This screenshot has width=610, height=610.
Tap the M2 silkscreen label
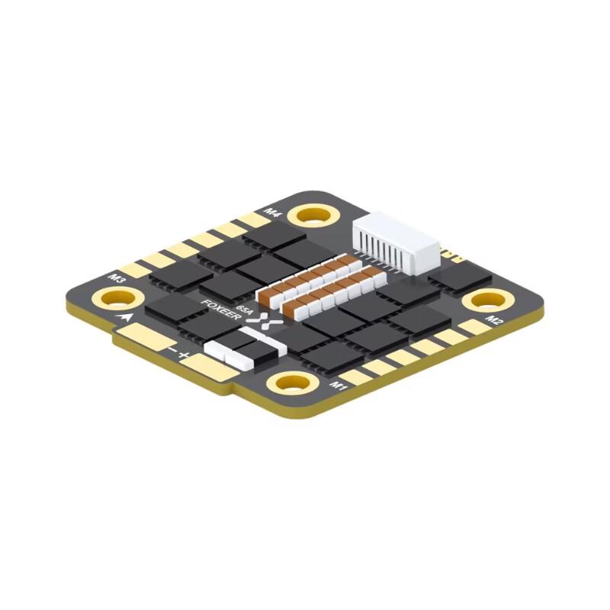point(494,319)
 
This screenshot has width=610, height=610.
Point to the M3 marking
point(117,278)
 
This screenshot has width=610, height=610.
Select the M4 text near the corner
point(272,211)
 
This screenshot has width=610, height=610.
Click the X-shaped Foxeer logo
point(264,323)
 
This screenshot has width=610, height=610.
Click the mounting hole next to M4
point(313,214)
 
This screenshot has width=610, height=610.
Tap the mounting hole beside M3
point(108,298)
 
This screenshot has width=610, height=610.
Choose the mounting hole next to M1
point(291,383)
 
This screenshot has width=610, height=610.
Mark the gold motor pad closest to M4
point(255,220)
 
